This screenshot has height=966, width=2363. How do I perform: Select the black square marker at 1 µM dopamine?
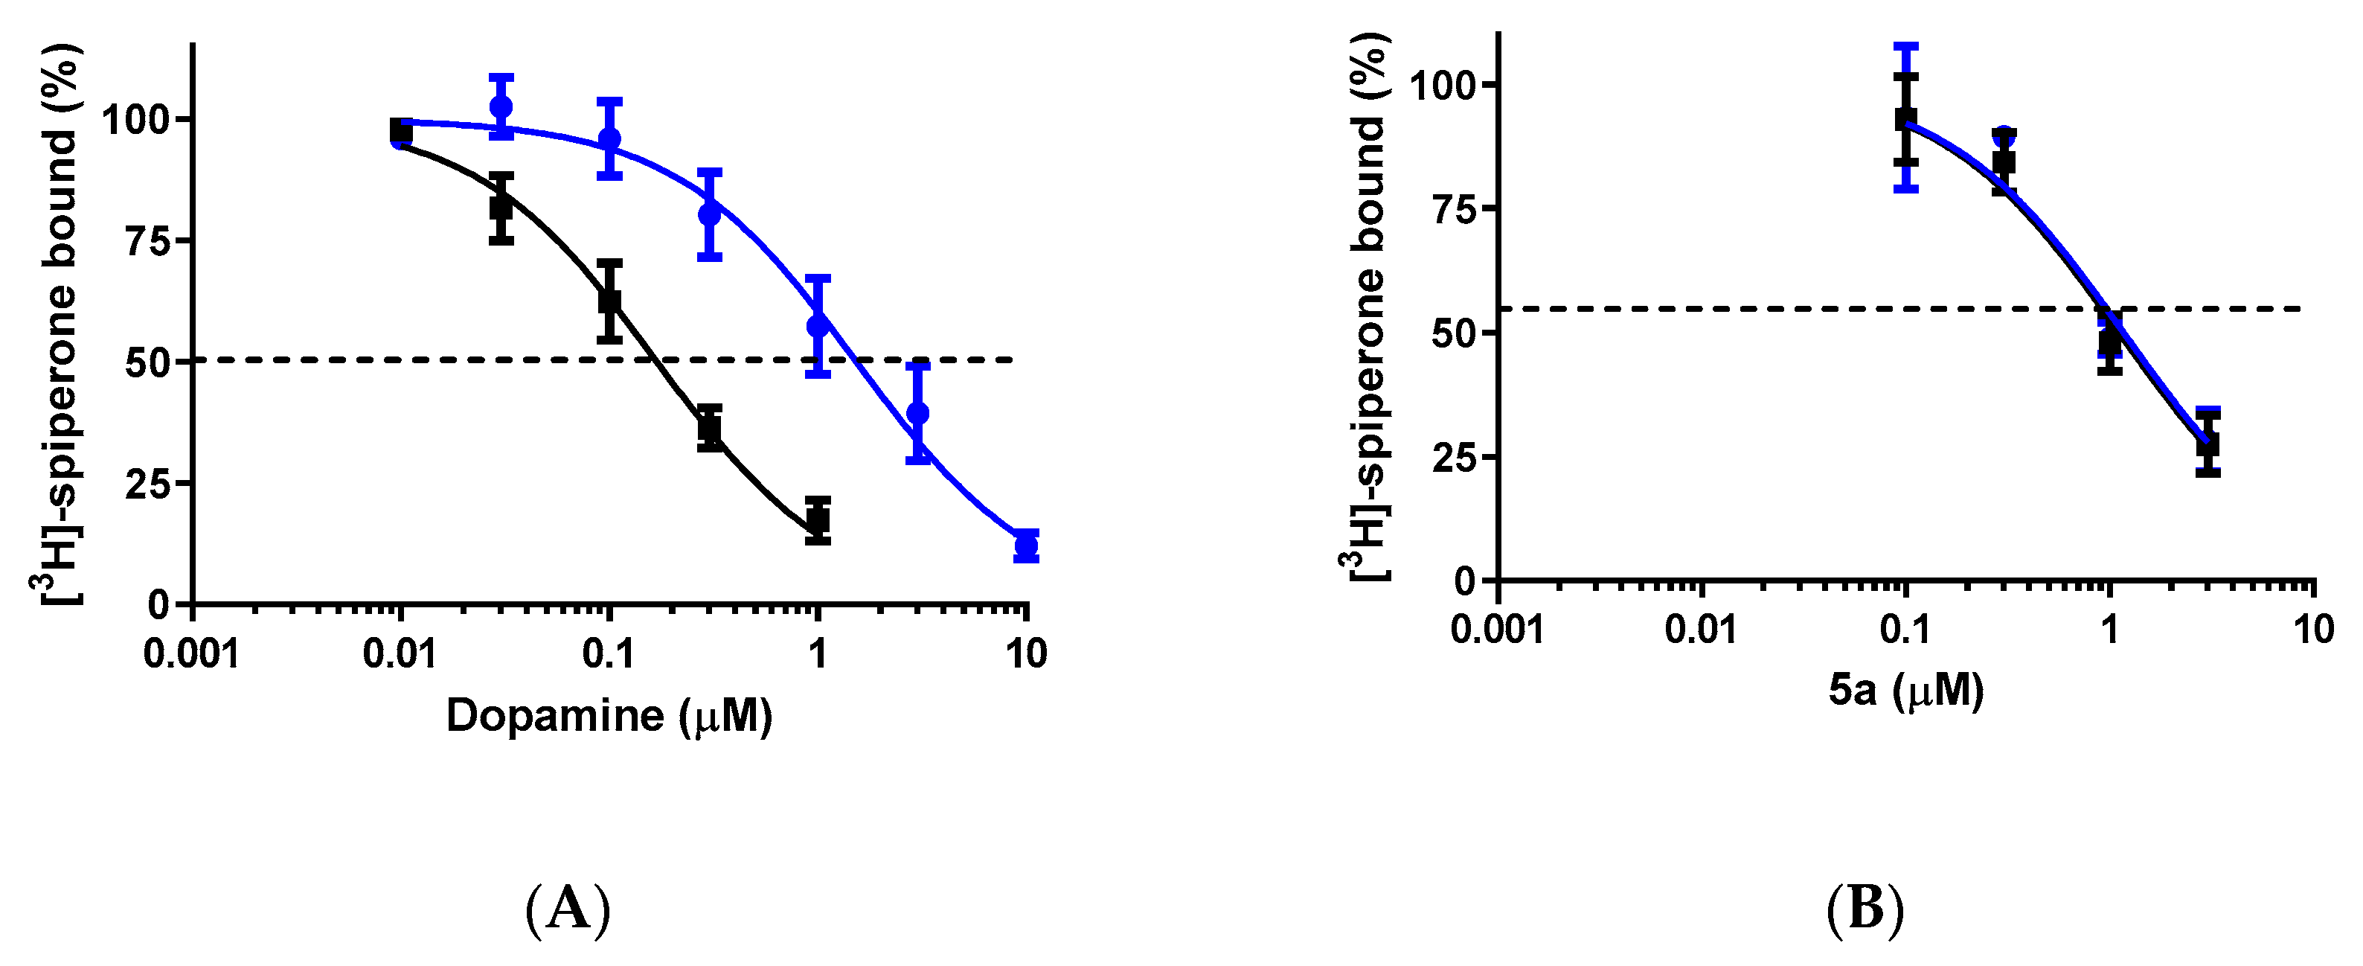click(x=818, y=520)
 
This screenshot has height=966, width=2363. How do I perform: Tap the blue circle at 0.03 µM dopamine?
click(x=501, y=106)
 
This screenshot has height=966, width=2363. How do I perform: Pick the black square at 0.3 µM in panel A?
click(x=709, y=427)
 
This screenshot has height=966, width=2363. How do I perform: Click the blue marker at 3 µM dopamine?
click(x=917, y=413)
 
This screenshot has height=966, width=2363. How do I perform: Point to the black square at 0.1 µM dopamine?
click(x=609, y=300)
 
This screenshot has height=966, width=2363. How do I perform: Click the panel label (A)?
click(x=567, y=909)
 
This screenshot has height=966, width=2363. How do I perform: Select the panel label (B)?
click(x=1865, y=909)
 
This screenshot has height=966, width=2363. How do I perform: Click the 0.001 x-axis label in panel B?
click(x=1497, y=630)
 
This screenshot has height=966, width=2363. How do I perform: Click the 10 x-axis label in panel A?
click(x=1025, y=654)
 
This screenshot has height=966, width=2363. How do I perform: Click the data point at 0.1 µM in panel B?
click(x=1906, y=120)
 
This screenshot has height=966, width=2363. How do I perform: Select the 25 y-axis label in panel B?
click(x=1452, y=457)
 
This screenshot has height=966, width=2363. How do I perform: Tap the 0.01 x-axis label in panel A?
click(x=400, y=654)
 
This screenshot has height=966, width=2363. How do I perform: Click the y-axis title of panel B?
click(x=1370, y=307)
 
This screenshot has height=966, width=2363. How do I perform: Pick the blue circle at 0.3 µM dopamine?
click(x=709, y=214)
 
